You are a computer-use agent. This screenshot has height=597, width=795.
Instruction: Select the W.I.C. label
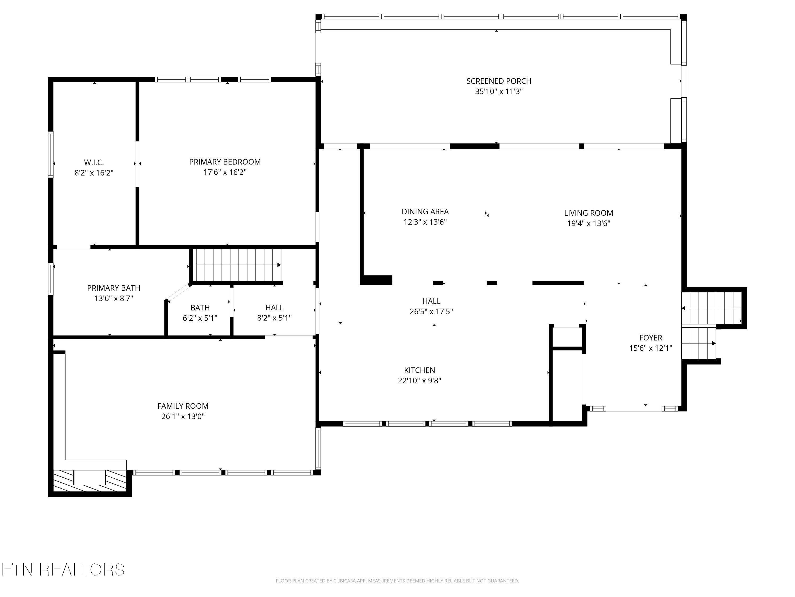tap(94, 163)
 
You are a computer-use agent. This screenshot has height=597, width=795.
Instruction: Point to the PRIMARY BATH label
tap(114, 288)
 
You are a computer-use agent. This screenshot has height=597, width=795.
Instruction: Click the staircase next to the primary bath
tap(236, 265)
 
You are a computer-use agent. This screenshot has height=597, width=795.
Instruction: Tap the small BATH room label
tap(200, 308)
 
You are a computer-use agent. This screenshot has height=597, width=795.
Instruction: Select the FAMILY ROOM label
tap(183, 406)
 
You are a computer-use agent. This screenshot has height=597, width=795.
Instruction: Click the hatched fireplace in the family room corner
tap(90, 481)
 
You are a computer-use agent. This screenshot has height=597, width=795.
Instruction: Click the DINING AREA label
tap(425, 211)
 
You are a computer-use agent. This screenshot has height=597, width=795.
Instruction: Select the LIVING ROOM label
tap(588, 213)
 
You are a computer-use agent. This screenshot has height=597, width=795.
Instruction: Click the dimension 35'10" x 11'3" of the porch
tap(498, 91)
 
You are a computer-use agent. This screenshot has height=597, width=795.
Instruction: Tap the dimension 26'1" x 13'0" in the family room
tap(183, 416)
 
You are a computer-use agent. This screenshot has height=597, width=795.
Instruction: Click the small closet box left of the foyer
tap(567, 337)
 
